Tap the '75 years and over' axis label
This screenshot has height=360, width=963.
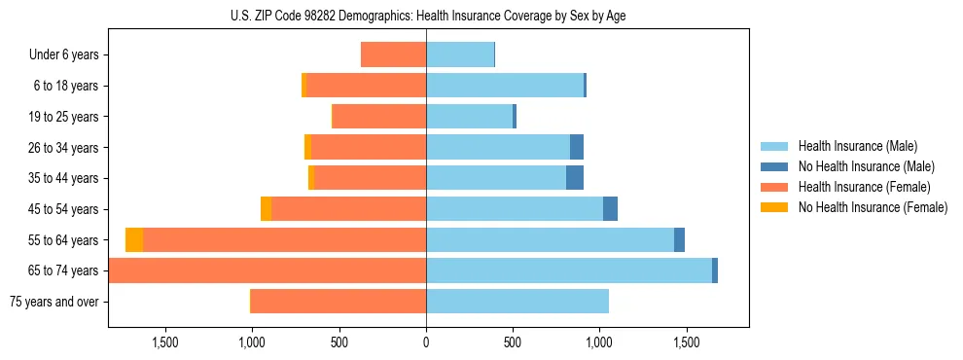click(53, 302)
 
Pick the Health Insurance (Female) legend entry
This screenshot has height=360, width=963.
click(864, 187)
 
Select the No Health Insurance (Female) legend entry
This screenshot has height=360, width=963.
click(873, 207)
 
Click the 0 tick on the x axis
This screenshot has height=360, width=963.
click(426, 342)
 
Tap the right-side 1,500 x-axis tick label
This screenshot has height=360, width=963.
click(687, 342)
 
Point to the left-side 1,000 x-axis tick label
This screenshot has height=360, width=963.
click(252, 342)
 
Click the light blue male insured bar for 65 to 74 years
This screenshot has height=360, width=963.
click(569, 270)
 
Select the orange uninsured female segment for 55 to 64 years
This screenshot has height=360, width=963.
click(134, 240)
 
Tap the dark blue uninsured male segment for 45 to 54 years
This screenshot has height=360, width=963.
click(610, 209)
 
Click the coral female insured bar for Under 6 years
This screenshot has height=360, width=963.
click(393, 55)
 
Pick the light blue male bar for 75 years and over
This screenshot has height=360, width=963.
click(517, 302)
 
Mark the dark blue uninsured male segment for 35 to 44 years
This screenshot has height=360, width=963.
click(575, 178)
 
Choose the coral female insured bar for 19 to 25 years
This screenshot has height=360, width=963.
click(379, 117)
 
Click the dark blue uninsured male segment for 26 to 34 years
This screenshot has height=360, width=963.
click(577, 148)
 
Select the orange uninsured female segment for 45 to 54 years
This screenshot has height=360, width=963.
click(267, 209)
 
